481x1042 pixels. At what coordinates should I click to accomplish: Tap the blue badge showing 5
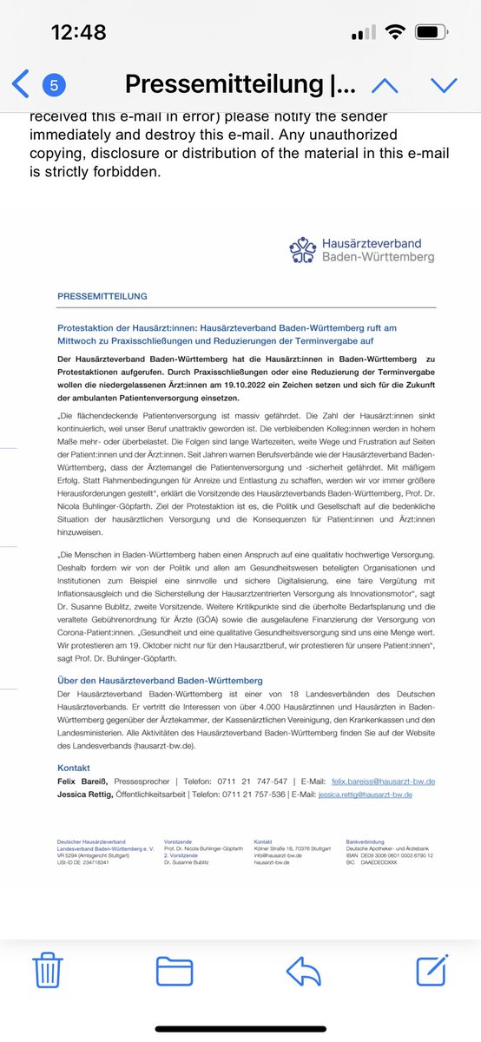(54, 85)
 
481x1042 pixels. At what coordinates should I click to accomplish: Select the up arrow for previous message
(385, 84)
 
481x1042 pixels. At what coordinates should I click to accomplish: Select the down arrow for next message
(443, 84)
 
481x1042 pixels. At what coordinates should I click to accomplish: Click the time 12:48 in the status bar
(78, 32)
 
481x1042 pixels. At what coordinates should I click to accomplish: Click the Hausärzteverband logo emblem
(303, 251)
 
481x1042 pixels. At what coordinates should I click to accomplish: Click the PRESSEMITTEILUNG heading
(102, 296)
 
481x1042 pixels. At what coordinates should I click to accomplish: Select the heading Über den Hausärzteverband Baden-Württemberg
(159, 680)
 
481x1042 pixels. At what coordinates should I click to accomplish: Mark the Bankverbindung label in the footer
(365, 841)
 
